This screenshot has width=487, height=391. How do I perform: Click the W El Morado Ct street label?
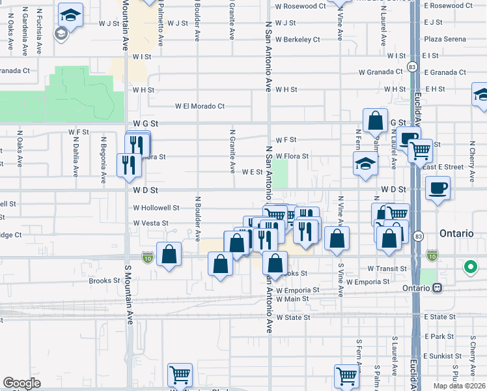tap(199, 106)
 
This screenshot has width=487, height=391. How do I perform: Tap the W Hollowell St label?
tap(156, 208)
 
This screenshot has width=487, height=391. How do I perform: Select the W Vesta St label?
tap(150, 223)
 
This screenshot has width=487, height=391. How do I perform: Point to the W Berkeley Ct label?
tap(298, 40)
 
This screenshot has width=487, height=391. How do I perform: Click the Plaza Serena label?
tap(445, 39)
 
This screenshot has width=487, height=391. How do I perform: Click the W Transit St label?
tap(387, 268)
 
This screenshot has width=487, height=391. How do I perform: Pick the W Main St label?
tap(292, 299)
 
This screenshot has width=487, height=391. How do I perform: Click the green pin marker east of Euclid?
tap(469, 267)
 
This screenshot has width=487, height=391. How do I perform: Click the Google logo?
tap(21, 383)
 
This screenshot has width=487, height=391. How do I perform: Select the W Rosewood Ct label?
tap(300, 6)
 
